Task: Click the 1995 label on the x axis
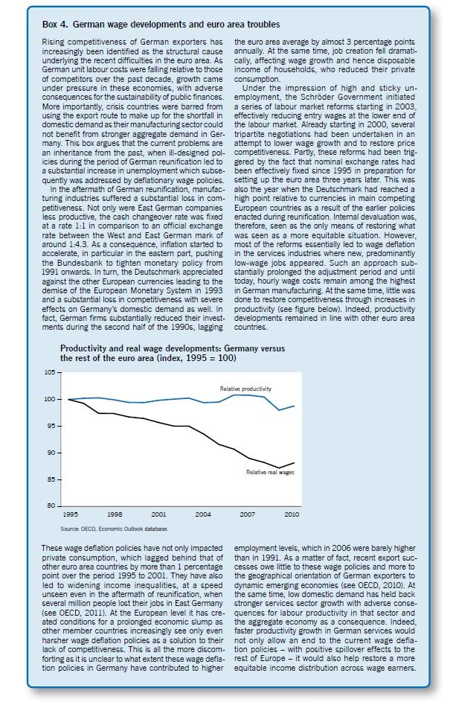tap(69, 514)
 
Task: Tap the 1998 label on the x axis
tap(114, 514)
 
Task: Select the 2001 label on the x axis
tap(158, 514)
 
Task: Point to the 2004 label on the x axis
tap(202, 514)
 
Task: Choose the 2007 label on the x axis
tap(247, 514)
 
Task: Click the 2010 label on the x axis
tap(291, 514)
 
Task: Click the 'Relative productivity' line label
tap(245, 389)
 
